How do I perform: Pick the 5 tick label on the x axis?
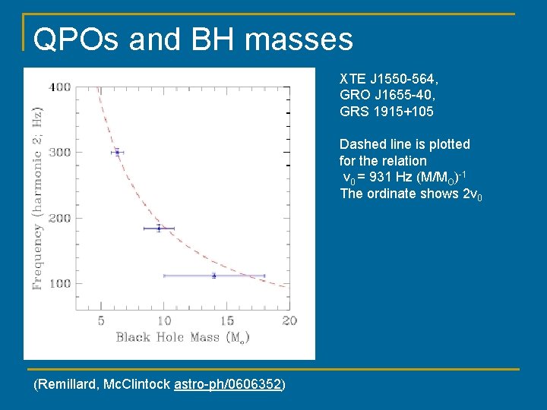click(x=101, y=320)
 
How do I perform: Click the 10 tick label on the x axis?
click(x=164, y=320)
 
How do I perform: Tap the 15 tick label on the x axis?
click(x=227, y=320)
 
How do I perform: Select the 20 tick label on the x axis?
click(x=289, y=320)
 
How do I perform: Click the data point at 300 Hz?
click(x=117, y=152)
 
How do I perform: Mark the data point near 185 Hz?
click(x=159, y=228)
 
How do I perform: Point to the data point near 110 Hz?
click(x=213, y=276)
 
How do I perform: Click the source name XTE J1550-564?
click(x=388, y=79)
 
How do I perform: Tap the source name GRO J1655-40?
click(x=387, y=95)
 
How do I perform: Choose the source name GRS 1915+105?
click(x=387, y=112)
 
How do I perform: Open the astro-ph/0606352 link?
click(x=228, y=385)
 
